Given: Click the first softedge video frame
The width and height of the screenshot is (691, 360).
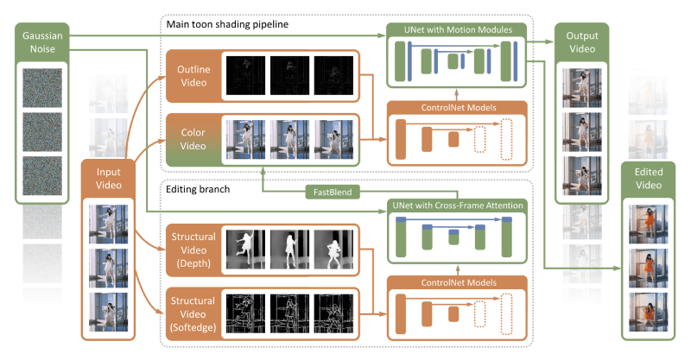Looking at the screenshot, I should coord(246,308).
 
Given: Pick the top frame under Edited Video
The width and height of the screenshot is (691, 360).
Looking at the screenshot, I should coord(648,224).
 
